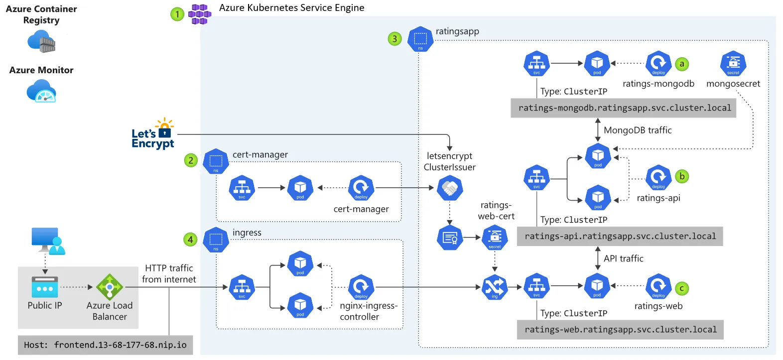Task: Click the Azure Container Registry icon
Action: tap(42, 41)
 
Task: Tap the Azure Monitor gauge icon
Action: tap(41, 92)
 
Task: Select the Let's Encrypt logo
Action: tap(153, 134)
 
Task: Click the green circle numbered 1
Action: tap(177, 14)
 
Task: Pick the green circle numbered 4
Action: tap(190, 240)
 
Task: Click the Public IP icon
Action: tap(45, 287)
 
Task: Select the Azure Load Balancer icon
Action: tap(110, 287)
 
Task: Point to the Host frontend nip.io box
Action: tap(105, 345)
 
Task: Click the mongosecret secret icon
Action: tap(733, 64)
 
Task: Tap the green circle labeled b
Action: tap(682, 176)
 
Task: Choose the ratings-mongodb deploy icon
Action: tap(658, 64)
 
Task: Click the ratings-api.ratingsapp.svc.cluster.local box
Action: tap(620, 237)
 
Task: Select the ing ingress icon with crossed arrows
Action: tap(495, 287)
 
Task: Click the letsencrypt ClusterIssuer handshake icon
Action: tap(450, 188)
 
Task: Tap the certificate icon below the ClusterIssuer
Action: tap(450, 238)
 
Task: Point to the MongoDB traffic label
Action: tap(638, 130)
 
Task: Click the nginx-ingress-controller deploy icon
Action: tap(361, 287)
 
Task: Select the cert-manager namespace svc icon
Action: tap(242, 188)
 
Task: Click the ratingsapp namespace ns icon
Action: tap(420, 39)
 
